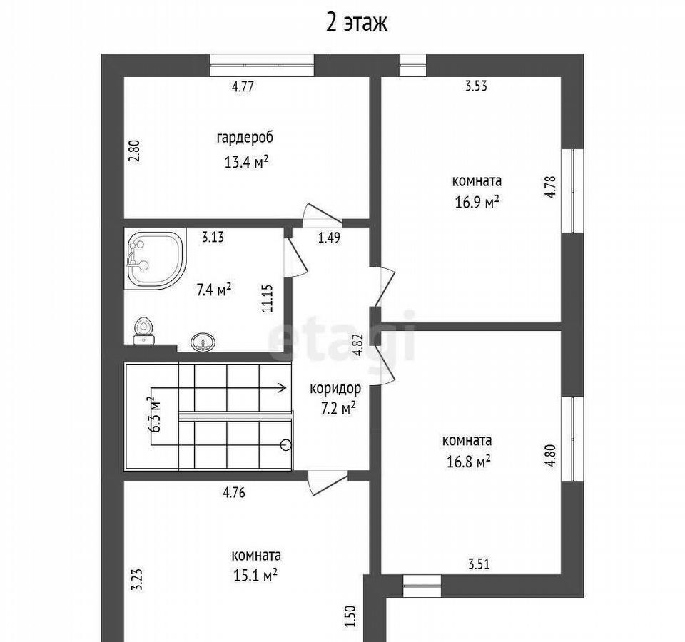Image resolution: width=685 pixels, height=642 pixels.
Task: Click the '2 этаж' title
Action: tap(357, 23)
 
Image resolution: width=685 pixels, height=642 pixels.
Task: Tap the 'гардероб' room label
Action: tap(245, 138)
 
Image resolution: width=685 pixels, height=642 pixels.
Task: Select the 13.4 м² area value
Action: tap(246, 162)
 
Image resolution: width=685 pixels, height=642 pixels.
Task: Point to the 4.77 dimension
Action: tap(243, 86)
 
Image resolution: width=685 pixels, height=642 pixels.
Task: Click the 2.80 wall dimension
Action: tap(135, 151)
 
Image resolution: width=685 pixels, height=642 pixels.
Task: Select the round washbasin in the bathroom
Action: tap(203, 341)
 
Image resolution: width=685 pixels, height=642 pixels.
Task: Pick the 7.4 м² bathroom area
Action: tap(213, 290)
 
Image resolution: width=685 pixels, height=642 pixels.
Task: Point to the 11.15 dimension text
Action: tap(268, 298)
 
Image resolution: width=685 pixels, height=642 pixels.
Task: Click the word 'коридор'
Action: tap(335, 388)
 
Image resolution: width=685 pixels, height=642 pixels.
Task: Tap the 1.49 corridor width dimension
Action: tap(329, 238)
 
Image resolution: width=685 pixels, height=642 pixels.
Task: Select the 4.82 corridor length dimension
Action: tap(358, 345)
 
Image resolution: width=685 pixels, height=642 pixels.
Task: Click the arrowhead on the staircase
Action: tap(283, 387)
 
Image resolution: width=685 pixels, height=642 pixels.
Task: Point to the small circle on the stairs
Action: tap(286, 444)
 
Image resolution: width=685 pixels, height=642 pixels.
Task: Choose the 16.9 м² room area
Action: tap(477, 203)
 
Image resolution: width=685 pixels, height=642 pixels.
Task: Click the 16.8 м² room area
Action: tap(468, 462)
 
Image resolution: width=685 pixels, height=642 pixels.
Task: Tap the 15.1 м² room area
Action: tap(255, 575)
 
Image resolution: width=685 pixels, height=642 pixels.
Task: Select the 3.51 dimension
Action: tap(479, 564)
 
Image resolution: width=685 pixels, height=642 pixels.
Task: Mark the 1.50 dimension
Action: tap(351, 616)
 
